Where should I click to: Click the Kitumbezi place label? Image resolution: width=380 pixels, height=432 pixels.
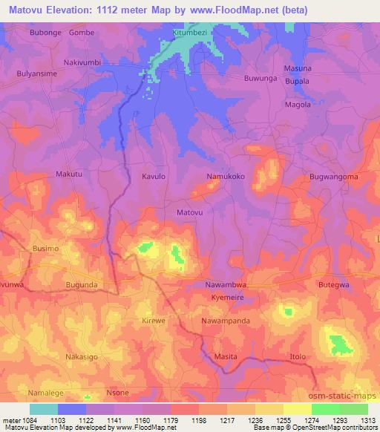pyautogui.click(x=192, y=33)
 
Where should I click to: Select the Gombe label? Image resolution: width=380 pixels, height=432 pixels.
pyautogui.click(x=82, y=33)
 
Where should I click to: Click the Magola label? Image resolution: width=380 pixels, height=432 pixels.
pyautogui.click(x=298, y=105)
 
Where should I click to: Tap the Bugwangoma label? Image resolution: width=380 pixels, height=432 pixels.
pyautogui.click(x=333, y=177)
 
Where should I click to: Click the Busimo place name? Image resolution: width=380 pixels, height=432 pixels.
pyautogui.click(x=45, y=249)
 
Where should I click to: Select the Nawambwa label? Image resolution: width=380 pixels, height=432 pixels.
pyautogui.click(x=225, y=285)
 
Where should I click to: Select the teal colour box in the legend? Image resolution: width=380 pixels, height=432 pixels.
pyautogui.click(x=44, y=409)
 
